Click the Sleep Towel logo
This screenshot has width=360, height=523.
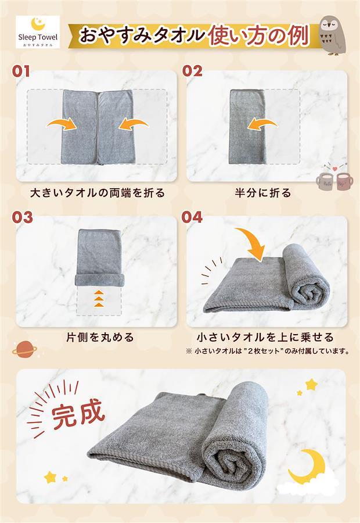click(x=38, y=32)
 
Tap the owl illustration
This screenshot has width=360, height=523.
click(x=331, y=35)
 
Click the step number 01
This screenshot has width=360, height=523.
click(x=21, y=71)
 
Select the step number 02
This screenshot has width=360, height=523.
click(x=192, y=71)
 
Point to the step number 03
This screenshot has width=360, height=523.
click(x=22, y=217)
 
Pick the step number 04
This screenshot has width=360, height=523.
click(x=192, y=217)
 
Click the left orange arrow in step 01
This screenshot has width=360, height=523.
click(x=62, y=124)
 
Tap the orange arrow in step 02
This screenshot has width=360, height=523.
click(x=262, y=124)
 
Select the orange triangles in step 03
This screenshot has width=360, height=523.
click(x=99, y=298)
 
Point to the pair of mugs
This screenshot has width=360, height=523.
click(x=334, y=180)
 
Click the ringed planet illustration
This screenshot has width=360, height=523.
click(x=24, y=349)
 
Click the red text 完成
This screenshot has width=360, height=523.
click(x=78, y=414)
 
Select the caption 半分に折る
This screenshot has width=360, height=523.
click(x=263, y=193)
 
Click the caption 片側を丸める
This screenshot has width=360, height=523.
click(x=100, y=337)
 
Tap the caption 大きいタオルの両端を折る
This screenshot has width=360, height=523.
click(x=98, y=193)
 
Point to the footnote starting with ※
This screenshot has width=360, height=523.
click(x=268, y=351)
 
